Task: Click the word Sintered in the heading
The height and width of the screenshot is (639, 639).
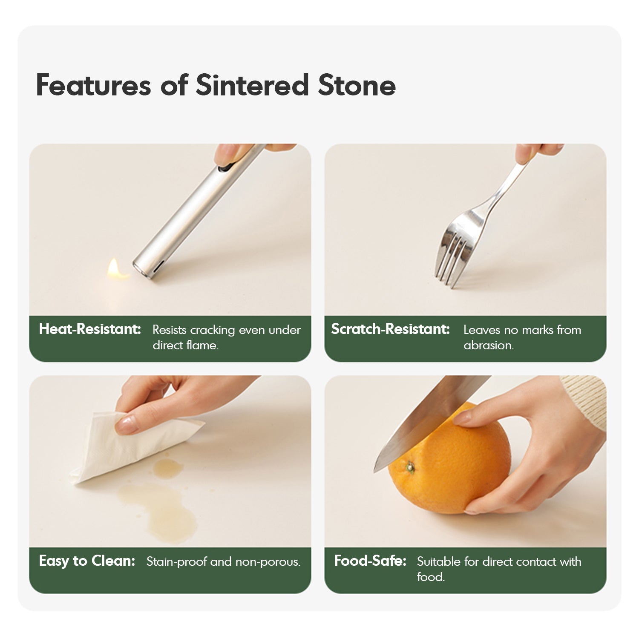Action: tap(252, 85)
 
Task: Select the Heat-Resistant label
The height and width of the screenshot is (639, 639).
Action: tap(90, 329)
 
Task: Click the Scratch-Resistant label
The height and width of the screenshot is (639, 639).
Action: tap(390, 329)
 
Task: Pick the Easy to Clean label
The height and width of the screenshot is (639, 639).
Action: tap(87, 561)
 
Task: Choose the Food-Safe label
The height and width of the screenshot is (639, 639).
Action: tap(370, 561)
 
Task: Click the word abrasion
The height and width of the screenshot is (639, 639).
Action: tap(489, 345)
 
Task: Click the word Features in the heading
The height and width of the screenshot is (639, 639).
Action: tap(93, 85)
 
